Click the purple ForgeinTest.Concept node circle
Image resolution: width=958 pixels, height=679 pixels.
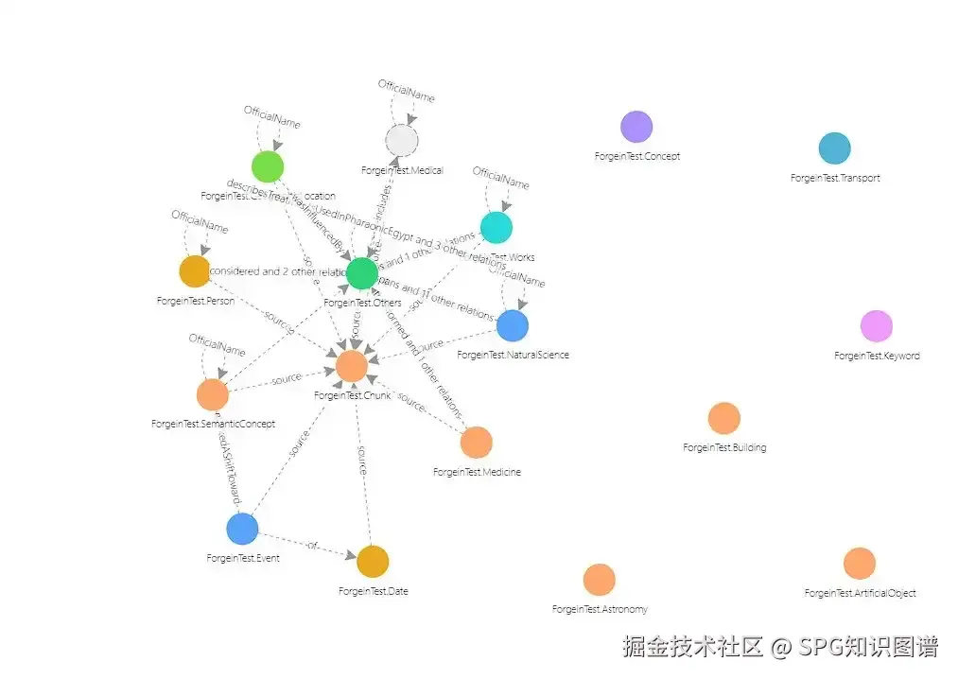[636, 127]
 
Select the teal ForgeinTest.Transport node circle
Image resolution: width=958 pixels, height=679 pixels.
[834, 148]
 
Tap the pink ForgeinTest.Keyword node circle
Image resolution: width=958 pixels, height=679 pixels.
[876, 326]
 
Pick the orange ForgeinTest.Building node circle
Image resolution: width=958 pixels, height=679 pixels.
[723, 418]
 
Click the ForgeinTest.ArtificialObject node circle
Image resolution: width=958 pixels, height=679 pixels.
[859, 564]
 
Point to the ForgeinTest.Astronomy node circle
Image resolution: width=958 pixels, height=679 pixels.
[599, 580]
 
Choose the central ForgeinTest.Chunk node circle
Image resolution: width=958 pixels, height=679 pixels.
[351, 365]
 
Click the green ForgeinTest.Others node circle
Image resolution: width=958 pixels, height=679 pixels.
[362, 273]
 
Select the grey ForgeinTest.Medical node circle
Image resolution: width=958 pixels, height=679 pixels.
[401, 141]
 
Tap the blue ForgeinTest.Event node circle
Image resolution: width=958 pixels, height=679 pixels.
[242, 529]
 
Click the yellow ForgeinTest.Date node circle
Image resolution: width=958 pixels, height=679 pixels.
[373, 562]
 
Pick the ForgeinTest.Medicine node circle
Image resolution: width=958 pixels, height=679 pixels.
[476, 442]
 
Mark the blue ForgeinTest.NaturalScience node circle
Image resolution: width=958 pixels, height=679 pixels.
[512, 325]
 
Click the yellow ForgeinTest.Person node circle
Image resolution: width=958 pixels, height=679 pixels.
[194, 270]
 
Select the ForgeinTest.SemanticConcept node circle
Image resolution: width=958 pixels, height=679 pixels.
[213, 394]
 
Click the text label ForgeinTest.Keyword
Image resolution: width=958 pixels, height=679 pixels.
[876, 357]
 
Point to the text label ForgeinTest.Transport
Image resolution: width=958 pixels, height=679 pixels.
[834, 178]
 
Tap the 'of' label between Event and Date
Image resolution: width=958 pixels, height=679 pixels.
[312, 545]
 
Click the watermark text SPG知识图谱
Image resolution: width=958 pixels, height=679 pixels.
[868, 648]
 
